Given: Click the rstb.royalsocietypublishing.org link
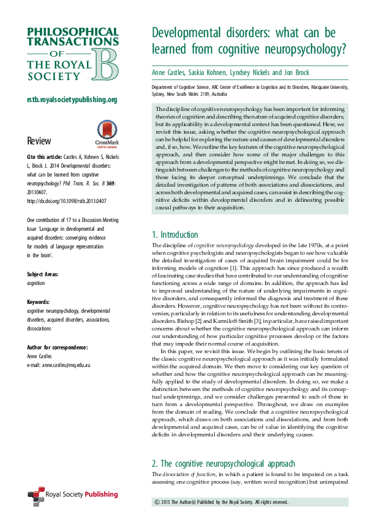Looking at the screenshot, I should pos(72,100).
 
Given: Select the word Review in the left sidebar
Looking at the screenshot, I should pos(39,141).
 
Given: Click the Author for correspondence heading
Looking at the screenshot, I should pos(57,347).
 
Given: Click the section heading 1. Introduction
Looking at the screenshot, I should pos(175,235).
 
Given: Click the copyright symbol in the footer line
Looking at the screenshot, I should pos(157,502).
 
